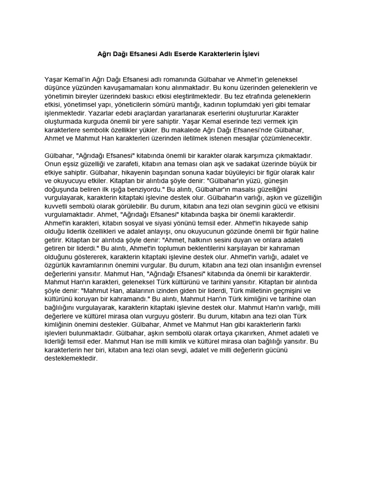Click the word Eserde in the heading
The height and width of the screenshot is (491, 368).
tap(183, 54)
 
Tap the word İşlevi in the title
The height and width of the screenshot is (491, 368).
tap(249, 54)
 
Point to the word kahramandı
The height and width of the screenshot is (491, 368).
tap(130, 299)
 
